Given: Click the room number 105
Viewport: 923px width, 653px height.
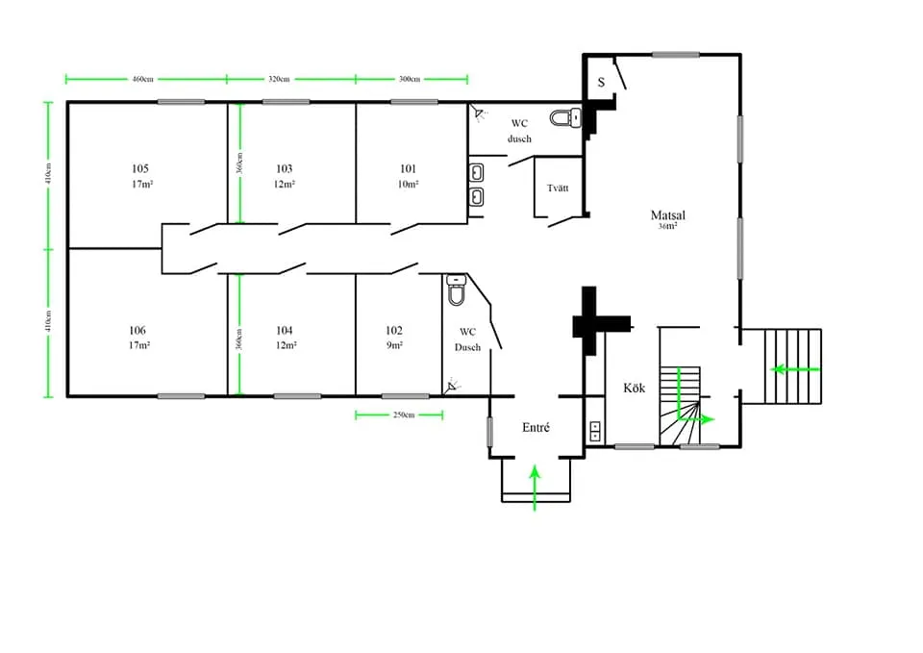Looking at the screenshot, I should click(x=140, y=168).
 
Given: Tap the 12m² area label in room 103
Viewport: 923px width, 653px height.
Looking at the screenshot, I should click(x=284, y=184).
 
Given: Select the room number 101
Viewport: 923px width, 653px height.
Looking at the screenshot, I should click(x=409, y=168).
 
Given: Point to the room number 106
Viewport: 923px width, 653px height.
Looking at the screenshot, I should click(x=137, y=330).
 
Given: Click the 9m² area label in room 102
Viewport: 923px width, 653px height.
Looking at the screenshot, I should click(x=394, y=344).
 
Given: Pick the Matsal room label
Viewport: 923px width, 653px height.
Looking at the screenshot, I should click(x=667, y=215).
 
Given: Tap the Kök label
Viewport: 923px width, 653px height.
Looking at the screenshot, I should click(x=634, y=388).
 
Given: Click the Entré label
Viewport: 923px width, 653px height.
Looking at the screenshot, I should click(x=536, y=427).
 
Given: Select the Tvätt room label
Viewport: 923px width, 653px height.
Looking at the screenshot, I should click(x=558, y=188).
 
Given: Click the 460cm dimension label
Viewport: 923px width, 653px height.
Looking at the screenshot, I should click(x=144, y=79).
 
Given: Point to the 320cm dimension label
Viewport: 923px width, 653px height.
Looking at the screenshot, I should click(x=280, y=79).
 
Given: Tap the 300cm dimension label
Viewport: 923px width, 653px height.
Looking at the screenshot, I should click(x=410, y=79).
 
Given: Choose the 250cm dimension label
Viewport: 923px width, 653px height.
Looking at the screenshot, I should click(x=403, y=415).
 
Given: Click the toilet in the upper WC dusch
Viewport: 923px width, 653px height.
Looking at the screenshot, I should click(x=564, y=118).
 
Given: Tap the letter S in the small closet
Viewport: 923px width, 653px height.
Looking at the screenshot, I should click(x=601, y=82).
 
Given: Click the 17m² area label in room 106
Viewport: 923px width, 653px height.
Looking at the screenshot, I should click(x=137, y=344).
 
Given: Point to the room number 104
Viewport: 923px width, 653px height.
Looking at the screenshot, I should click(x=284, y=330).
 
